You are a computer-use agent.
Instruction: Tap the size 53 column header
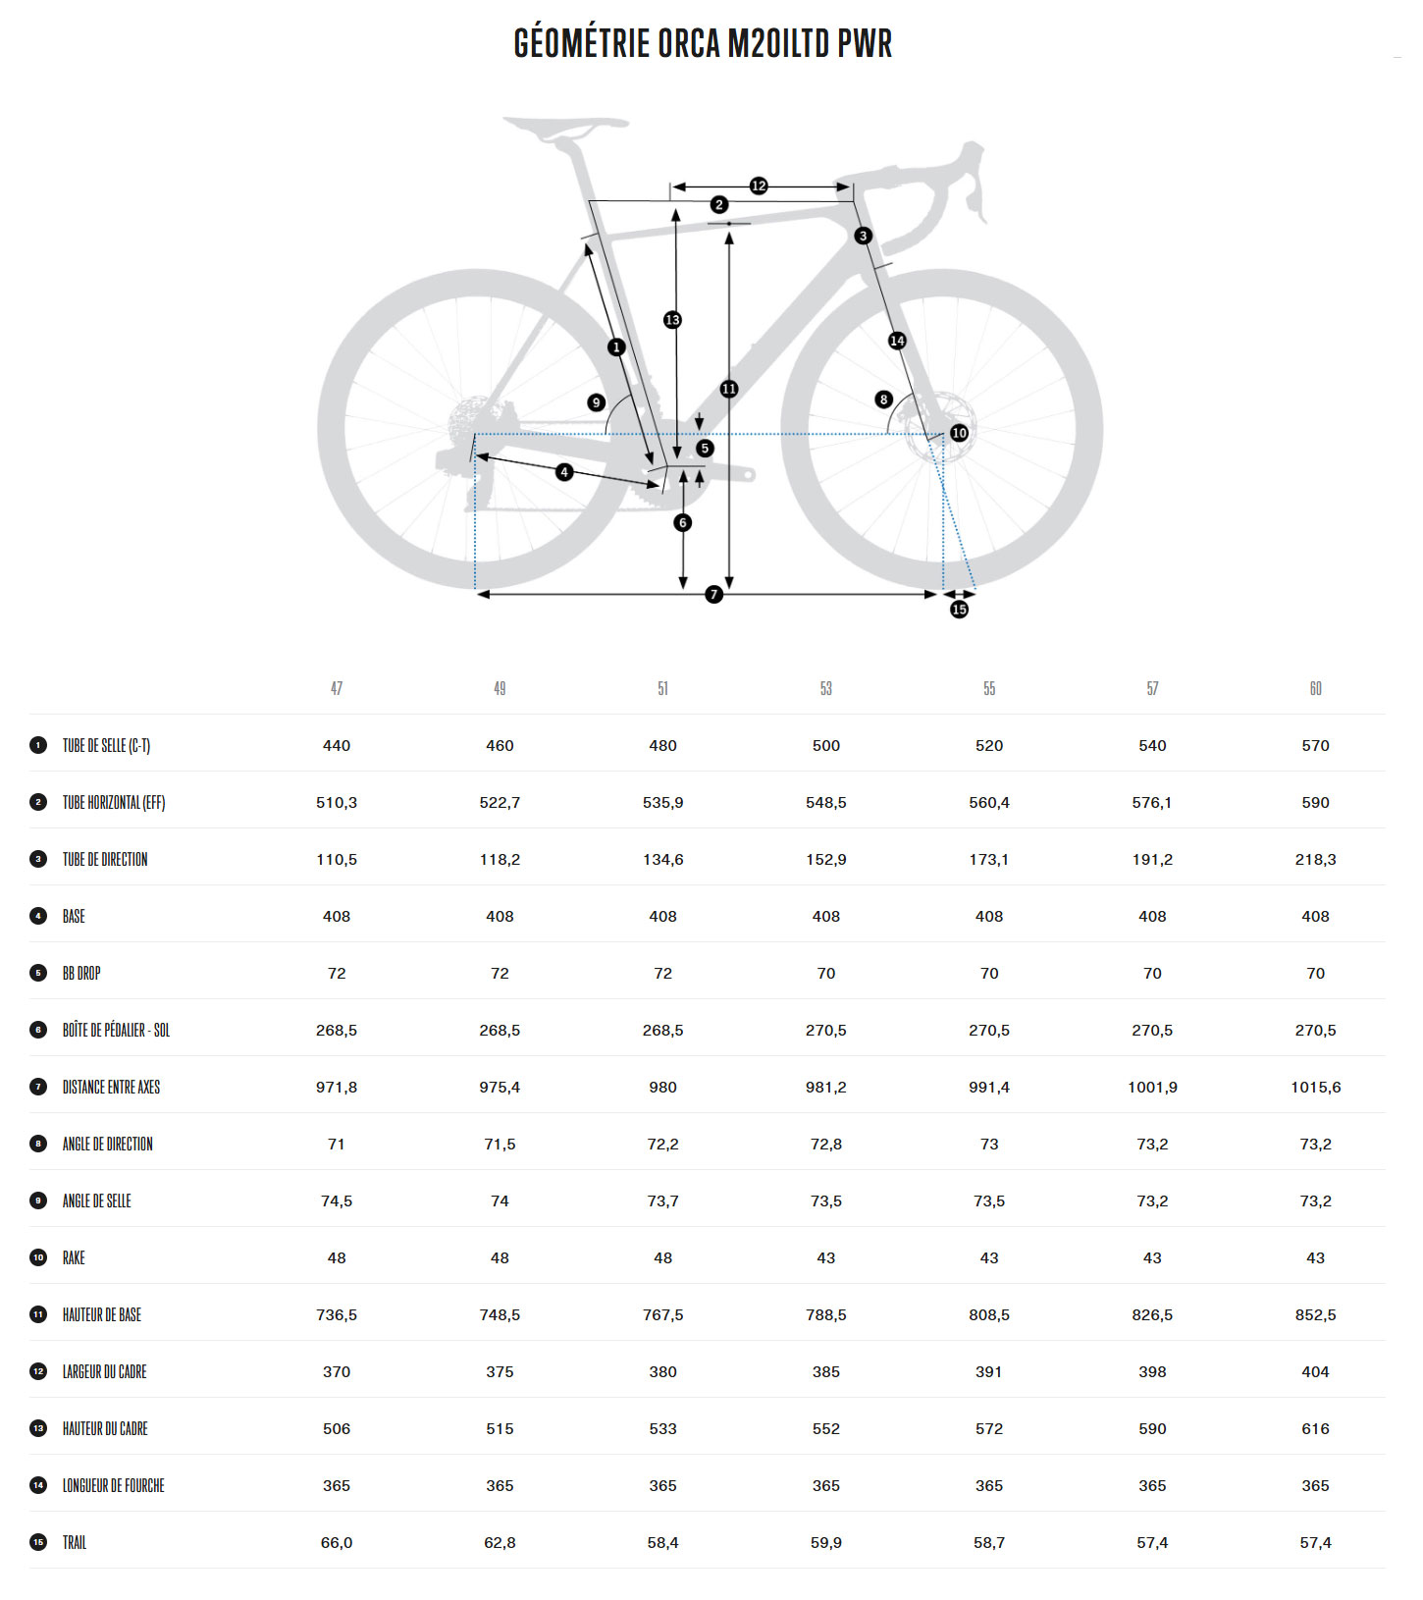826,689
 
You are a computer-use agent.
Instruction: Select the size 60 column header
1315,689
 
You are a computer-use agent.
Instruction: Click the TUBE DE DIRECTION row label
105,860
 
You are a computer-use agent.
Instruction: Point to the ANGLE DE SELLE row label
96,1201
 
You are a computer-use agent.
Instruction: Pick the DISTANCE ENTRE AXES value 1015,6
1315,1088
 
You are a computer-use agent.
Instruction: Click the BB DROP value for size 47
337,974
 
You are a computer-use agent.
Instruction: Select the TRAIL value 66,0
337,1543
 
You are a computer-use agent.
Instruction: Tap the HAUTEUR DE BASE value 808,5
989,1315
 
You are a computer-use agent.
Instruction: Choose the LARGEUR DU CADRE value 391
989,1372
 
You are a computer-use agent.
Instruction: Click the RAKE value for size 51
663,1258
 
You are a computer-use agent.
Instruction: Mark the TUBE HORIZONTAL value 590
1315,803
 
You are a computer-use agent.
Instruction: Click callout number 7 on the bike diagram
714,595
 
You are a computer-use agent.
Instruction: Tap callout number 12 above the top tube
759,186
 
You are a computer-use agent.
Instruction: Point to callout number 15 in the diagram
959,610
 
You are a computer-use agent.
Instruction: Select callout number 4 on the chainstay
564,472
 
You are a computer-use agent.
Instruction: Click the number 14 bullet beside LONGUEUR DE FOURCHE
38,1485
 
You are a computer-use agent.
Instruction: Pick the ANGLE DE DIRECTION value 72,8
826,1145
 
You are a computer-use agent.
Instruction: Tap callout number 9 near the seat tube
596,402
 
